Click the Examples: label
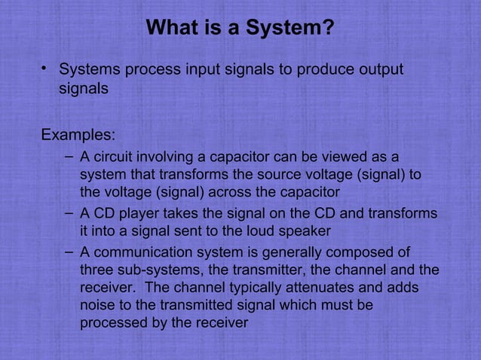tap(78, 136)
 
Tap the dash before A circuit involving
tap(69, 157)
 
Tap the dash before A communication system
tap(69, 250)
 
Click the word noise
tap(97, 306)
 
